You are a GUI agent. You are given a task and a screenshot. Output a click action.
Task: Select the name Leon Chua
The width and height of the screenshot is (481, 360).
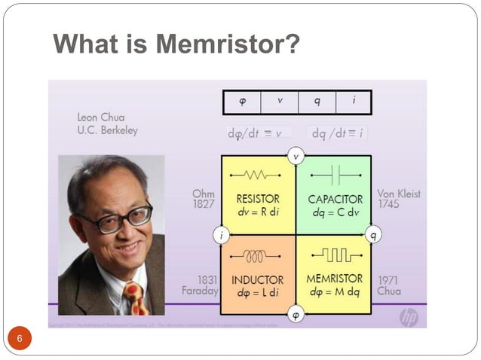click(x=101, y=117)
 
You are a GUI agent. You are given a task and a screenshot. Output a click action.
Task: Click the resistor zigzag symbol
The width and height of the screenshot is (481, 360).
click(x=258, y=175)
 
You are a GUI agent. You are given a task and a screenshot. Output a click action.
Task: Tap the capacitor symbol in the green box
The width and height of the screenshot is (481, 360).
click(x=335, y=176)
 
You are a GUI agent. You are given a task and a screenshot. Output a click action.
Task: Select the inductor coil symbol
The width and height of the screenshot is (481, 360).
click(x=257, y=256)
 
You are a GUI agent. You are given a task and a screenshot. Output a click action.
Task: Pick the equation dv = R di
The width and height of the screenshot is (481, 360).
click(x=258, y=212)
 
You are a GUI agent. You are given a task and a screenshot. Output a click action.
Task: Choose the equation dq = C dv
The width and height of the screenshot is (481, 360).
click(x=335, y=212)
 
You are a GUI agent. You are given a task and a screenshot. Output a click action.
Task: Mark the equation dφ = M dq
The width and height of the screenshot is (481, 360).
click(x=335, y=291)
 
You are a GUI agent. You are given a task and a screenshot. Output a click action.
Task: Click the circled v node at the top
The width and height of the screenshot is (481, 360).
click(x=296, y=157)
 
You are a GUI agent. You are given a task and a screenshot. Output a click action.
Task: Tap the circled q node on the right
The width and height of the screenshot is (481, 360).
click(x=372, y=235)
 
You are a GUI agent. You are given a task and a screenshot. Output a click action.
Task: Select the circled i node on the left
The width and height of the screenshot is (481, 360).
click(x=220, y=235)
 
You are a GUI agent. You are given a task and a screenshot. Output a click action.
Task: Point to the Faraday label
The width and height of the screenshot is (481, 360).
click(x=200, y=290)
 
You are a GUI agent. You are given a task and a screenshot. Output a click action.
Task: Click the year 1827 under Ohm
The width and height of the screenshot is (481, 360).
click(x=204, y=205)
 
